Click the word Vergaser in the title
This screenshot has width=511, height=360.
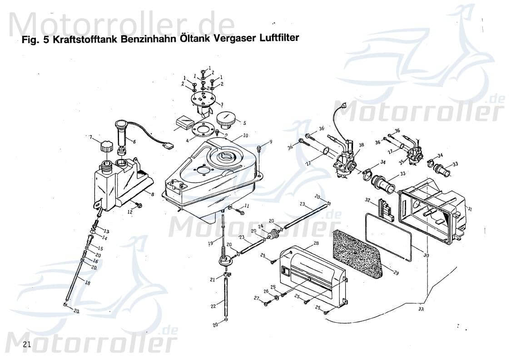point(233,39)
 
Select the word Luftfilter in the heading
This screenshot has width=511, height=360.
point(278,38)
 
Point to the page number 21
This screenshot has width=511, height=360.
point(27,345)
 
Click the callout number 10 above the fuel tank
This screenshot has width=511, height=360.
point(245,135)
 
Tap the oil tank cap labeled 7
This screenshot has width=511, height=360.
point(106,147)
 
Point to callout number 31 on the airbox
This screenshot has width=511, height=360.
point(469,209)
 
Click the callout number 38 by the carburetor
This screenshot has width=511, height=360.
point(362,146)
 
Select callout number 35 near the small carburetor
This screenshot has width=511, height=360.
point(401,162)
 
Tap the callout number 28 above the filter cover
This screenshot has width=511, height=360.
point(316,244)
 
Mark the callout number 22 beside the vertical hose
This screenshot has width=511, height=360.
point(213,306)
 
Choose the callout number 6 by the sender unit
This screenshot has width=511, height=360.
point(134,141)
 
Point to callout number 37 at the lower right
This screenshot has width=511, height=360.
point(421,309)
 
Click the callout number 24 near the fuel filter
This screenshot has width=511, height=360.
point(260,227)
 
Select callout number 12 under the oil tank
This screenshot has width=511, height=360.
point(129,212)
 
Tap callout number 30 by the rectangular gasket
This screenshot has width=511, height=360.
point(426,256)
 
